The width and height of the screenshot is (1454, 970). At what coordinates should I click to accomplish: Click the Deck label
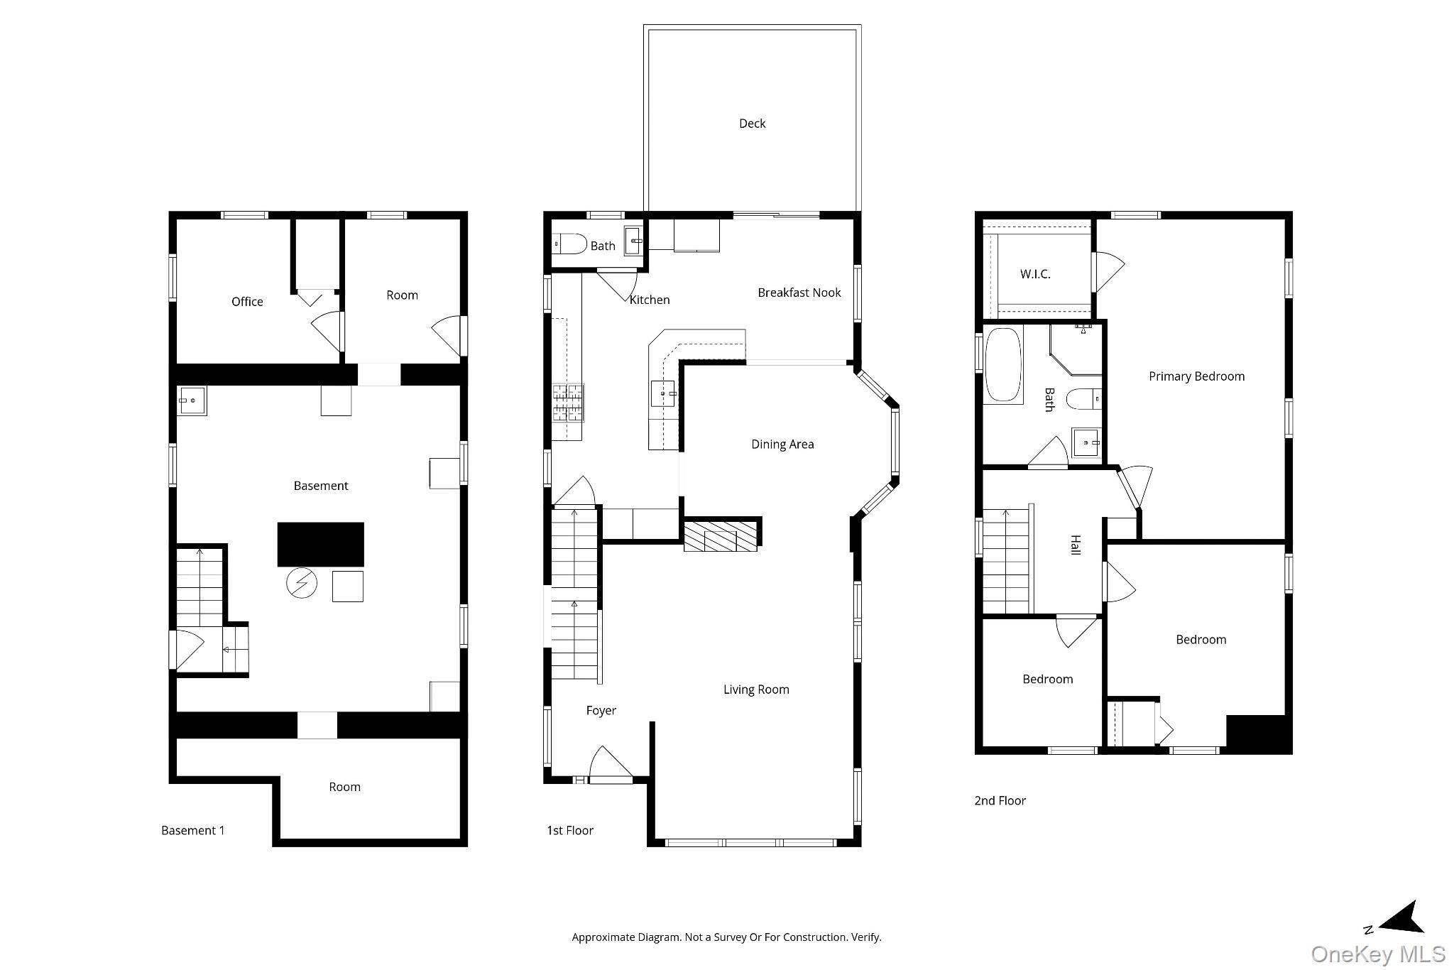tap(752, 124)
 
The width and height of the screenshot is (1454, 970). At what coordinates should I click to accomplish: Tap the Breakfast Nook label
tap(799, 293)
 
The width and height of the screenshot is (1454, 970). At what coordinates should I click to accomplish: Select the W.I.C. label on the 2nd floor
tap(1034, 274)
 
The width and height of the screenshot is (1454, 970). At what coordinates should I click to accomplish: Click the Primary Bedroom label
tap(1196, 376)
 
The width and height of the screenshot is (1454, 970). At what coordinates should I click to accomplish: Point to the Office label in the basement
tap(247, 302)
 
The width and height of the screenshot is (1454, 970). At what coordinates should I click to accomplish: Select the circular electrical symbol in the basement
tap(301, 584)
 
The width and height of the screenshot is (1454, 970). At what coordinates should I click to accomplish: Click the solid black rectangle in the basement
tap(320, 544)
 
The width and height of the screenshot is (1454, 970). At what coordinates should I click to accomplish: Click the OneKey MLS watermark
tap(1377, 953)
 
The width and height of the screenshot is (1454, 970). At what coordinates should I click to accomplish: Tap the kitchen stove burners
tap(569, 403)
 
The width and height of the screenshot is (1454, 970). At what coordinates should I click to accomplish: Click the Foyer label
tap(601, 711)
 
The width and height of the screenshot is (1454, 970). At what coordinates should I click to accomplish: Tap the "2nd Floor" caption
tap(1000, 800)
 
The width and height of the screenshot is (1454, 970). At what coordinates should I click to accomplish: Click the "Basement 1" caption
tap(192, 830)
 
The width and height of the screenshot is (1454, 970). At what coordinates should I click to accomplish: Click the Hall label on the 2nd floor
tap(1075, 545)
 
